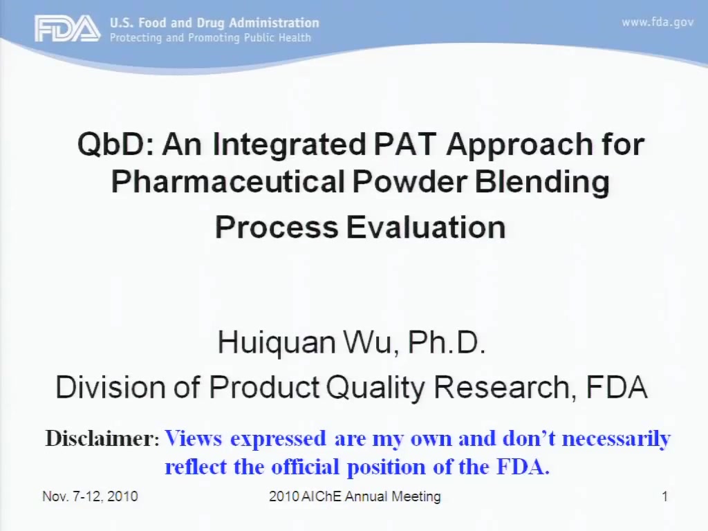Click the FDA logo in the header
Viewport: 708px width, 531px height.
68,28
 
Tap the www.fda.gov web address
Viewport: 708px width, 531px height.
658,22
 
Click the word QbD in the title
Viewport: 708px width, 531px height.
116,145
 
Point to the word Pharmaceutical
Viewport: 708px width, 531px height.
228,182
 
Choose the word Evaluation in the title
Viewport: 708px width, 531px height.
426,227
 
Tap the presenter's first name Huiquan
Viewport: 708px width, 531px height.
277,343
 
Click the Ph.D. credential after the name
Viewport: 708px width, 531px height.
446,342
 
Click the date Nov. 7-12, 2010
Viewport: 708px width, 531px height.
90,496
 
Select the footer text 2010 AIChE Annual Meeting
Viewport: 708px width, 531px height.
355,496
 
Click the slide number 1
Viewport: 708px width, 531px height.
664,496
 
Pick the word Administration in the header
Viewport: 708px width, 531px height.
274,23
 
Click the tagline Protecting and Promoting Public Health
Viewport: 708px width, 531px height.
210,37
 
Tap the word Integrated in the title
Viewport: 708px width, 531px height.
289,145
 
